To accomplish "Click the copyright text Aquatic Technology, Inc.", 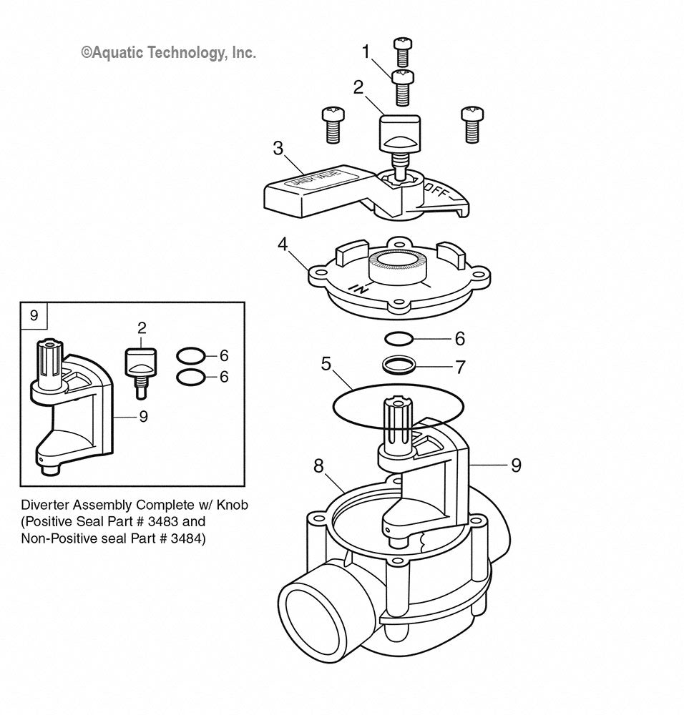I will tap(168, 52).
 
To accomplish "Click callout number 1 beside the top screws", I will tap(366, 51).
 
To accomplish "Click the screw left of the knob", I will tap(332, 123).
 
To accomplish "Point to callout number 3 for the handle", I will tap(278, 149).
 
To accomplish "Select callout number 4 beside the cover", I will tap(283, 245).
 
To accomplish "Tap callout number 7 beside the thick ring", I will tap(460, 368).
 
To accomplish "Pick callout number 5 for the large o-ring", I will tap(326, 364).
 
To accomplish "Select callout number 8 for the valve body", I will tap(319, 466).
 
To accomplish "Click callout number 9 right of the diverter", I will tap(516, 465).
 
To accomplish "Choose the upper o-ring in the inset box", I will tap(190, 355).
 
